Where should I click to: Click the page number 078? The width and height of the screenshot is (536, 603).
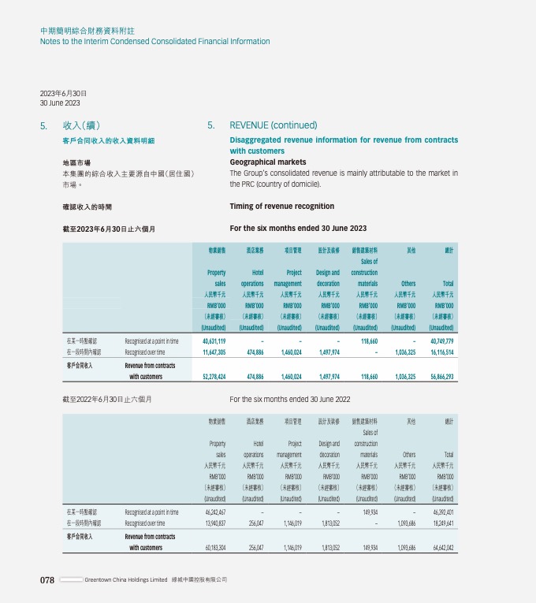pyautogui.click(x=47, y=580)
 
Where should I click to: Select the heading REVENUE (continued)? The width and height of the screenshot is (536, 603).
pyautogui.click(x=273, y=125)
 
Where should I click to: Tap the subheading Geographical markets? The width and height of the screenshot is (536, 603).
pyautogui.click(x=267, y=162)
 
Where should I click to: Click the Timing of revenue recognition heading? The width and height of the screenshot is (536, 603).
pyautogui.click(x=281, y=207)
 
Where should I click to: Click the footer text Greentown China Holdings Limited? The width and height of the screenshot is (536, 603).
pyautogui.click(x=126, y=580)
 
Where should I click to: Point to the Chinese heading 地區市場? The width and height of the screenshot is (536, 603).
pyautogui.click(x=76, y=162)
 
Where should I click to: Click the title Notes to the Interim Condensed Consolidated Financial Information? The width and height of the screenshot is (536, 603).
pyautogui.click(x=154, y=42)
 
